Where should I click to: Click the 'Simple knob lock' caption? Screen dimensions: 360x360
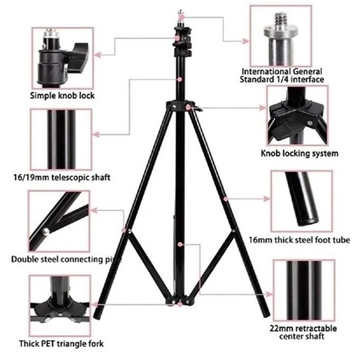click(x=62, y=96)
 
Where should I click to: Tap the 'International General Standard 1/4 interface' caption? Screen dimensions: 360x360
click(x=283, y=75)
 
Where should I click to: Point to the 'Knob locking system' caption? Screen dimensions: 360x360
click(x=299, y=154)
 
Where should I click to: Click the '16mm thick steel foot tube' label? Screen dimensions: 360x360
click(x=299, y=240)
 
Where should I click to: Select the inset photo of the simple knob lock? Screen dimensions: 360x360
click(x=62, y=58)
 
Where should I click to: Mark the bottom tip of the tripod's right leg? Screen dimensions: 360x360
click(x=266, y=316)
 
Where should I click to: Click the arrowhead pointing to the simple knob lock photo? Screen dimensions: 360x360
click(x=99, y=54)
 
